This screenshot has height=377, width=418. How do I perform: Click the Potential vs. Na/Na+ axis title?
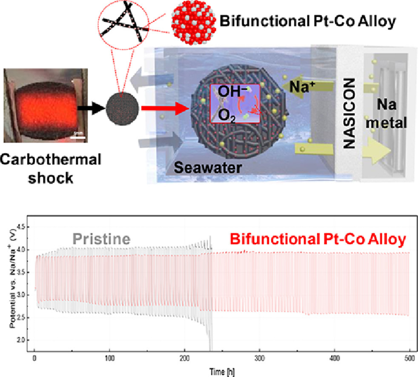(x=12, y=283)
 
